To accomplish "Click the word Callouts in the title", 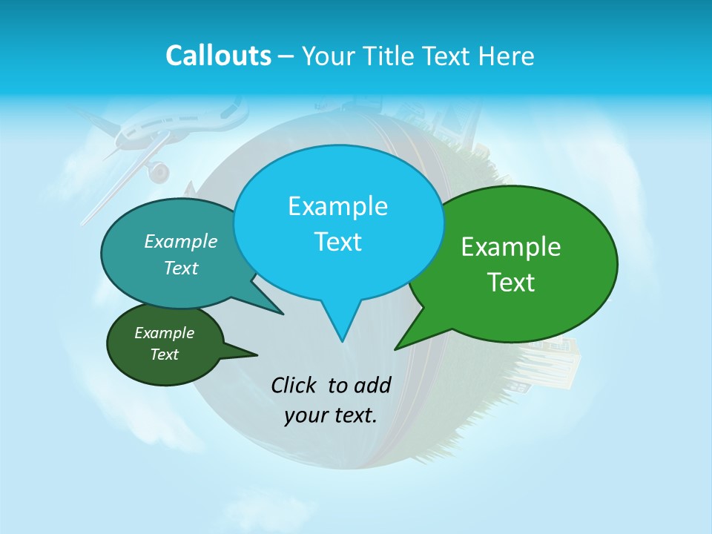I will point(218,56).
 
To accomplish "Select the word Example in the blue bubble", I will point(337,205).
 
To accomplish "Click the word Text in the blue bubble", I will point(337,242).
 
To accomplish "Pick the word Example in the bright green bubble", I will point(511,247).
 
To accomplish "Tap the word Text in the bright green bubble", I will point(511,283).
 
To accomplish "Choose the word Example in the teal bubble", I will point(181,241).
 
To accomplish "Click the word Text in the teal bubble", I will point(181,268).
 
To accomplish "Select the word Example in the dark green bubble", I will point(165,333).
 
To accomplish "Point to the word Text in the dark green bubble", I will point(165,355).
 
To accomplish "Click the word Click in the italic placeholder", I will point(295,385).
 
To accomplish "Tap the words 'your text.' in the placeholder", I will point(331,415).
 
